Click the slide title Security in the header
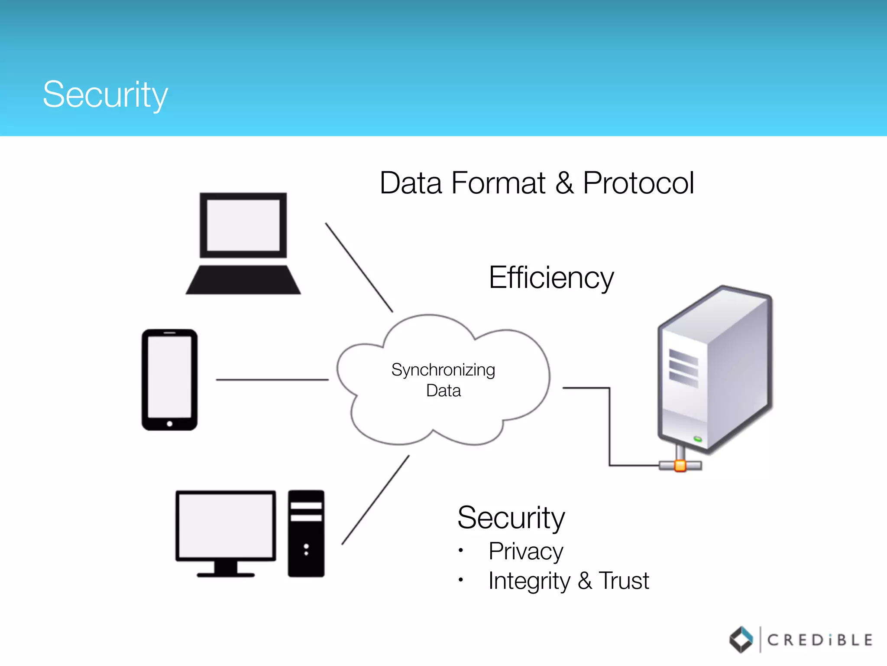[105, 95]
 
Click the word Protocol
[638, 183]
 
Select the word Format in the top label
[498, 183]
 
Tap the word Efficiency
[551, 277]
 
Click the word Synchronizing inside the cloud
[443, 370]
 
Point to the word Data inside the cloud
[443, 391]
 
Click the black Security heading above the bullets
[511, 518]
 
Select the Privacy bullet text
[525, 552]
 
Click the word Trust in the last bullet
[624, 581]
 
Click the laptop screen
[243, 225]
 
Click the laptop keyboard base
[243, 281]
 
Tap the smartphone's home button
[170, 424]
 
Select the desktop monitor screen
[226, 526]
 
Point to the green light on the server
[697, 439]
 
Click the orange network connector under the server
[680, 466]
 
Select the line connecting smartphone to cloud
[272, 380]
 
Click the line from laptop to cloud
[359, 267]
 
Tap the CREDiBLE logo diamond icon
[741, 640]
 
